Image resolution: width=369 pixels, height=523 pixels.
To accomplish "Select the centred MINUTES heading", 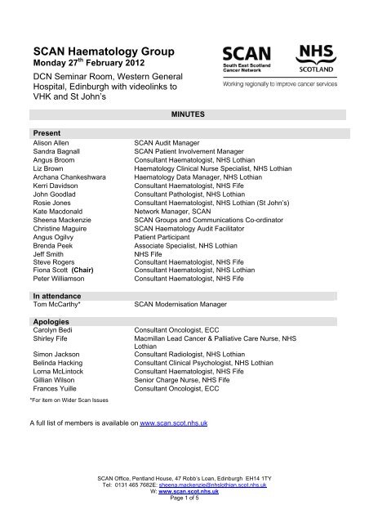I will tap(184, 116).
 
